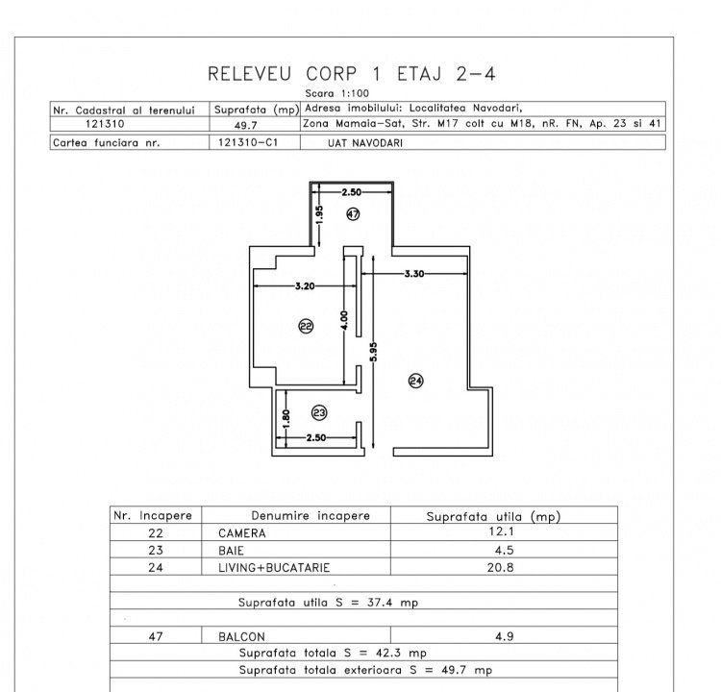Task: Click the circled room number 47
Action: [x=353, y=213]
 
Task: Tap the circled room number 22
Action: [x=306, y=327]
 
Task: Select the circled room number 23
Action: [x=319, y=413]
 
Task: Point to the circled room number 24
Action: [x=415, y=381]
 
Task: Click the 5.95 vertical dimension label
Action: [x=373, y=352]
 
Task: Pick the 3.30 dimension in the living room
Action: [x=413, y=274]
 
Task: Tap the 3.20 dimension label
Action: [x=305, y=286]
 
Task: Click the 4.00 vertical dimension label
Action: [x=344, y=320]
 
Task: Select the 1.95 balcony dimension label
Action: [x=319, y=214]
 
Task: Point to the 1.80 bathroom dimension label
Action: [x=286, y=418]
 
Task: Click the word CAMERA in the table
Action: [x=242, y=533]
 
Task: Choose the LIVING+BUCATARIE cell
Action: [x=274, y=568]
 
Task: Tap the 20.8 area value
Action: [x=500, y=567]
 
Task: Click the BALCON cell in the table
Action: [x=241, y=637]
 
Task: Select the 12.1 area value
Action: [x=501, y=531]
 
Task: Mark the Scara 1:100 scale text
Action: [x=337, y=93]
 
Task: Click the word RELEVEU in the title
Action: [x=250, y=74]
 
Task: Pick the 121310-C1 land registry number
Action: [x=248, y=142]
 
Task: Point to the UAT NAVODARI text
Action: [x=365, y=143]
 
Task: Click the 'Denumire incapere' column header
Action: [x=311, y=516]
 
